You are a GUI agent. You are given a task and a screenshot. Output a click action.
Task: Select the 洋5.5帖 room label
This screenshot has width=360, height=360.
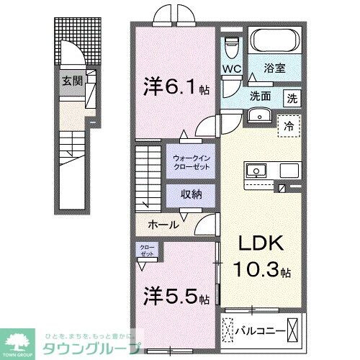point(176,296)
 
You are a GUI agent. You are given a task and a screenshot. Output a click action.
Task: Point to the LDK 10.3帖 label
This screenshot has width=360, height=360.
point(261,257)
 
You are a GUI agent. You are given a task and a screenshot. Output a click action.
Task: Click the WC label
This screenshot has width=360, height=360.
point(232,68)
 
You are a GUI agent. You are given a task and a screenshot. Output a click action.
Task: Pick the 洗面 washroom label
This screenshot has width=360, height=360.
point(261,96)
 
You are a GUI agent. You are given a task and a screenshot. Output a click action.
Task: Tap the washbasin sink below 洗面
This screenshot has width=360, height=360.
point(260,115)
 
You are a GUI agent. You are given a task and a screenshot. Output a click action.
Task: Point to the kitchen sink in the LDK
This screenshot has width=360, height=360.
point(256,171)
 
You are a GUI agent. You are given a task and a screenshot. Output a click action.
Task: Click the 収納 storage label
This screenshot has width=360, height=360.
point(190,194)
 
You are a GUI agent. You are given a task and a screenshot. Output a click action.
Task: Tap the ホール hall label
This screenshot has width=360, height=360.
point(163,225)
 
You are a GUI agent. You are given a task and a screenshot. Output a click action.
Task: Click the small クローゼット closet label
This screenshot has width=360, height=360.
point(147,251)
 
